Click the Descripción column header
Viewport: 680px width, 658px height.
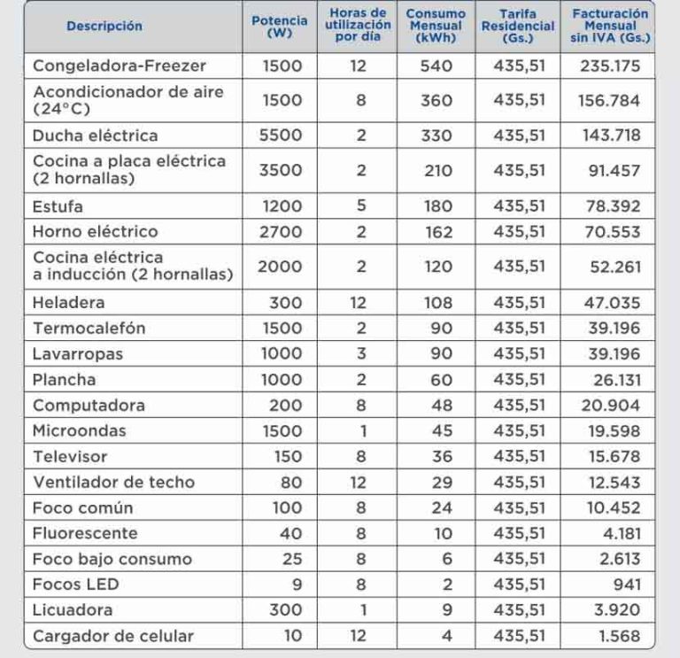click(104, 27)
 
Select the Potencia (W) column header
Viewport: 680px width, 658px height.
click(280, 27)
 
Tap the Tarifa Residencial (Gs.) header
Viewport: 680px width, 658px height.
click(518, 27)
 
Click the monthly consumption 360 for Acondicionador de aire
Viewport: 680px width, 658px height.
click(436, 100)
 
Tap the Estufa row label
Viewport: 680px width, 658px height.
click(58, 206)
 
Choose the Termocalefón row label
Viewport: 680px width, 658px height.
click(89, 329)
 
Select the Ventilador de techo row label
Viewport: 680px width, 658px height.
click(113, 483)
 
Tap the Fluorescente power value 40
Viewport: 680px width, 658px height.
click(291, 534)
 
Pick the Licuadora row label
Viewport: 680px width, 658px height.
click(73, 610)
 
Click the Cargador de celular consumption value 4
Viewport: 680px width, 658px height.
click(445, 636)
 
